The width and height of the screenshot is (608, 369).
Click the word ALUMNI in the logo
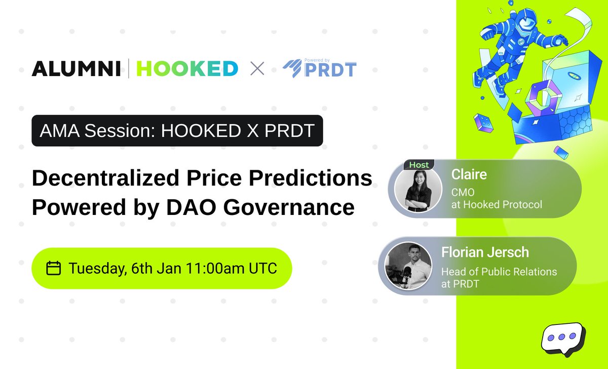[76, 68]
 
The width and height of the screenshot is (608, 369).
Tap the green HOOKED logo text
[187, 68]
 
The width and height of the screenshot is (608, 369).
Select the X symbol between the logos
[257, 68]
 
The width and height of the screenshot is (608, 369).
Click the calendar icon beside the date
[54, 268]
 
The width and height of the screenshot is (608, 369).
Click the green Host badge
[419, 165]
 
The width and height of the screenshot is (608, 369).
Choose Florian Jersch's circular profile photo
[408, 265]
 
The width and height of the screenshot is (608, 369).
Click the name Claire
[469, 175]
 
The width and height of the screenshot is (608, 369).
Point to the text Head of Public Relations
[499, 272]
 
